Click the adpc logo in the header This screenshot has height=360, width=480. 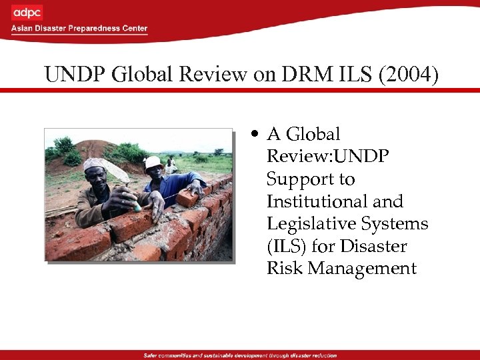coord(27,13)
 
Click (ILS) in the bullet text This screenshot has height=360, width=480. coord(285,246)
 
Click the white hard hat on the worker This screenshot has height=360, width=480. coord(153,162)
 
